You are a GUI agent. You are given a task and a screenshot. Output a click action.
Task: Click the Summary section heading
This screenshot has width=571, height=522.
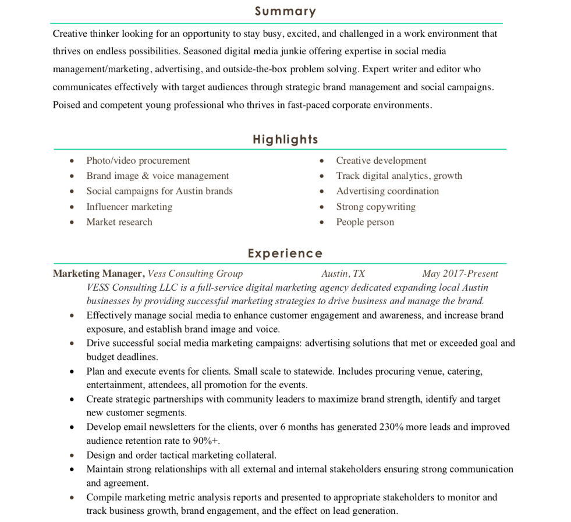(x=285, y=12)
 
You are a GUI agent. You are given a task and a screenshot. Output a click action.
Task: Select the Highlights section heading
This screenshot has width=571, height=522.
(x=285, y=140)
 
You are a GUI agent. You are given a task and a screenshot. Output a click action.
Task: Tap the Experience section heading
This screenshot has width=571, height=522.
(x=285, y=253)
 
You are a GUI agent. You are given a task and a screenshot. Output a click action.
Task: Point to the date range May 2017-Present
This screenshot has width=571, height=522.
(x=460, y=274)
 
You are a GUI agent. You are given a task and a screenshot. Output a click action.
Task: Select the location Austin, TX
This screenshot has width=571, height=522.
(x=343, y=274)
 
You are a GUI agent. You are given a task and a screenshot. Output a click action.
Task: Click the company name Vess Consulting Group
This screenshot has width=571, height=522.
(x=195, y=274)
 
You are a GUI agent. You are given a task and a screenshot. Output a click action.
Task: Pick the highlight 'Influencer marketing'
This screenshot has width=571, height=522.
(x=129, y=207)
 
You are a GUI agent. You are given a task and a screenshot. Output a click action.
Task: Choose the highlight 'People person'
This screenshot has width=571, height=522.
(x=365, y=222)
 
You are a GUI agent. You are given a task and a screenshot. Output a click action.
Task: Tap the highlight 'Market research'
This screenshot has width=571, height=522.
(x=119, y=222)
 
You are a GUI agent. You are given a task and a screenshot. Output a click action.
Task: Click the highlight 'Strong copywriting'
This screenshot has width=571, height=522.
(x=375, y=207)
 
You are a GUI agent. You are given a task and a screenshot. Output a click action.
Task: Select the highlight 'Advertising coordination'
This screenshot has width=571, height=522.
(x=388, y=191)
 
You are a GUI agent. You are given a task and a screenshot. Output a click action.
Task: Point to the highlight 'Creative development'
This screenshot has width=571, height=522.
(x=381, y=161)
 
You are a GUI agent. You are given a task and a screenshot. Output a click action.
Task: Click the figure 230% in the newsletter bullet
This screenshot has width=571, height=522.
(x=391, y=427)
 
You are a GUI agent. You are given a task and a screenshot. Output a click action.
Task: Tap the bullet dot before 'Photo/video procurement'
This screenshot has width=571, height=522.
(x=72, y=161)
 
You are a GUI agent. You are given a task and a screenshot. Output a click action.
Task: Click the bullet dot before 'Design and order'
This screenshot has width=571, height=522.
(x=72, y=456)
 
